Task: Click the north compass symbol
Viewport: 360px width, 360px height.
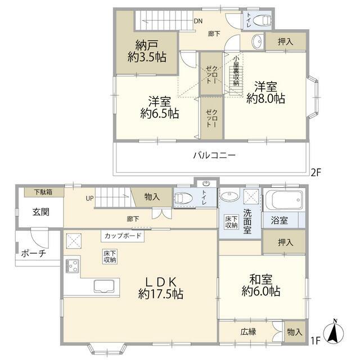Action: (x=334, y=332)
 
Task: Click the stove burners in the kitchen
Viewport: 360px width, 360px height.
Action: (x=73, y=265)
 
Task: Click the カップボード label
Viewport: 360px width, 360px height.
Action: (x=123, y=236)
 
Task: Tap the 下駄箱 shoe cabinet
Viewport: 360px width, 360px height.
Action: (x=44, y=192)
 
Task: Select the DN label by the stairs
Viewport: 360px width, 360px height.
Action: (x=198, y=21)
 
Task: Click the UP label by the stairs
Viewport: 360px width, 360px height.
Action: (x=90, y=199)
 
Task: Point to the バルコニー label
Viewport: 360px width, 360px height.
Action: (x=214, y=155)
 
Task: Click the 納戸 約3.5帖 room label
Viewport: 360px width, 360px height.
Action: (x=147, y=51)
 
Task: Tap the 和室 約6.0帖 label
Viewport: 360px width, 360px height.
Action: (x=261, y=285)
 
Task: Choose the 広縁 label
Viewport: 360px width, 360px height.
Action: (x=249, y=332)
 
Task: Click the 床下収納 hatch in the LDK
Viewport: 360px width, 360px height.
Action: (x=110, y=256)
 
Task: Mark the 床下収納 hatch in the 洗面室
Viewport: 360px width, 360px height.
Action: (x=231, y=222)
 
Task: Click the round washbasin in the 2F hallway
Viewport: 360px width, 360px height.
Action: (x=257, y=42)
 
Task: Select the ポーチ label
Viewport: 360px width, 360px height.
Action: (x=34, y=254)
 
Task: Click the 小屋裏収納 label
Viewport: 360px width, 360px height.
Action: (x=236, y=71)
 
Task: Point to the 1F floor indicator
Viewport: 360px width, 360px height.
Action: (x=316, y=341)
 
